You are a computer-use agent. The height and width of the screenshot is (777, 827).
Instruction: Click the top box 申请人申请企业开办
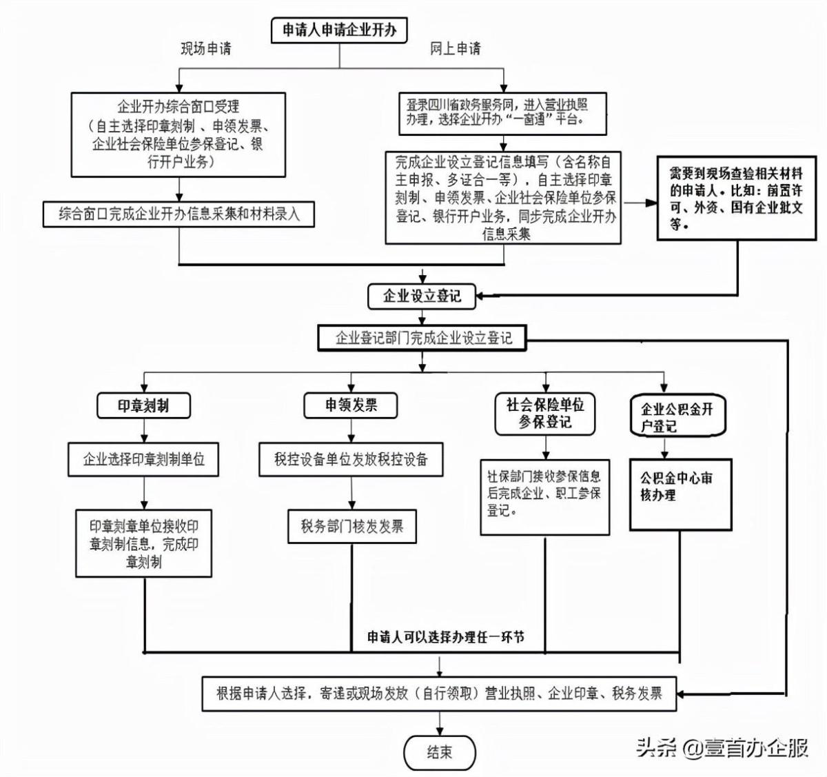click(339, 31)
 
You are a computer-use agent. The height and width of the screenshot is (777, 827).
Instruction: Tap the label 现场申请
click(206, 48)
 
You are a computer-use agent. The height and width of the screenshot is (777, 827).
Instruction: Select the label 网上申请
click(455, 48)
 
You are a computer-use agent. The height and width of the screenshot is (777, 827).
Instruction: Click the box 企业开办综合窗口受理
click(178, 134)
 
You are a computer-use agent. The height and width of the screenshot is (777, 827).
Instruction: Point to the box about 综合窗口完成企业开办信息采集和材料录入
click(179, 214)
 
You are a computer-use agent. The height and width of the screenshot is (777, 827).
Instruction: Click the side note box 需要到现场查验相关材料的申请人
click(736, 198)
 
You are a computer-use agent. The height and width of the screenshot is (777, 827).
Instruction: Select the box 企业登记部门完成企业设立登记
click(424, 338)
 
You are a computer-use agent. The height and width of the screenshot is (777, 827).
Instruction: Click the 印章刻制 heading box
click(143, 405)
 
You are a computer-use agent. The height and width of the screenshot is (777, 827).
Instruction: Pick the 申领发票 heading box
click(351, 405)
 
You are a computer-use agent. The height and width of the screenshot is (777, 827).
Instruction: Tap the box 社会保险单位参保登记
click(544, 413)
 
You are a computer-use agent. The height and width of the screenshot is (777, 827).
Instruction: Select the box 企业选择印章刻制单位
click(143, 458)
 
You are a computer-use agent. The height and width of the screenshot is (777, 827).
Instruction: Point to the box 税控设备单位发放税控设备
click(351, 459)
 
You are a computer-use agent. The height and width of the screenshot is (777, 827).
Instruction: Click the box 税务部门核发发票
click(351, 527)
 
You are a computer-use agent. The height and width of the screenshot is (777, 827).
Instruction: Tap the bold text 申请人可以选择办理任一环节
click(445, 637)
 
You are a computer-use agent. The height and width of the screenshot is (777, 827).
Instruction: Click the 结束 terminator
click(440, 751)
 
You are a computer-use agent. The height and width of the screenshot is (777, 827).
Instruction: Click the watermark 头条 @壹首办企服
click(722, 748)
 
